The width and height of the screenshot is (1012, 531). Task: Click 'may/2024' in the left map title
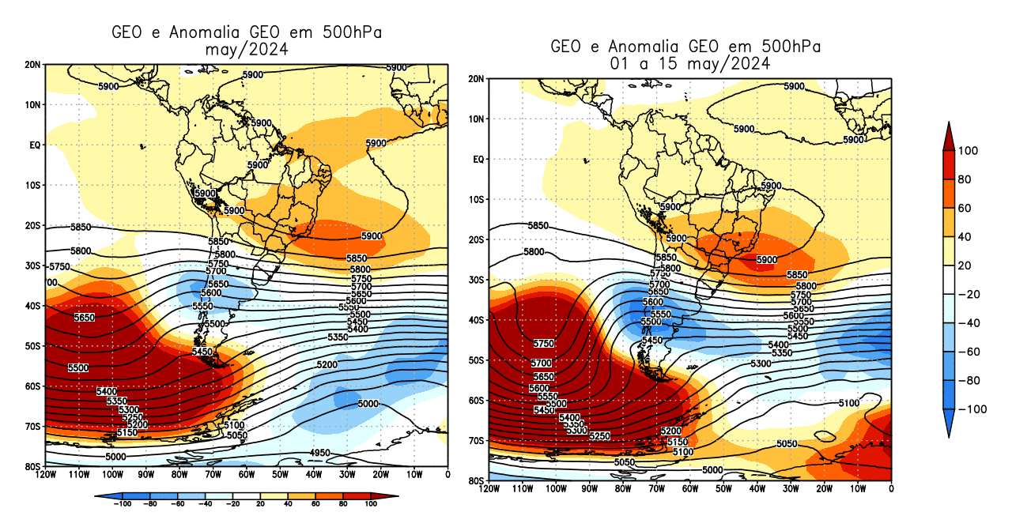click(246, 49)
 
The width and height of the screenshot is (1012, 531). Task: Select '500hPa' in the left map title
click(353, 32)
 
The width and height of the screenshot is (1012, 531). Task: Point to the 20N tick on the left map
click(32, 64)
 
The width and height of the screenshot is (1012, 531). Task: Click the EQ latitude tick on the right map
click(478, 160)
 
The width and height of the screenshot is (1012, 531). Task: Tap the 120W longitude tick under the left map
click(45, 474)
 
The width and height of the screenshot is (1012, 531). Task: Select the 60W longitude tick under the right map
click(690, 488)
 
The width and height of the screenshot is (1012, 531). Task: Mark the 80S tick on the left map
click(32, 467)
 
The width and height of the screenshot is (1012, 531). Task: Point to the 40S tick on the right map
click(476, 320)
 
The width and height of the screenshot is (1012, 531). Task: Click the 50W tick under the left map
click(280, 474)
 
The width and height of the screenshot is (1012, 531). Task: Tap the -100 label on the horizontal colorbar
click(123, 503)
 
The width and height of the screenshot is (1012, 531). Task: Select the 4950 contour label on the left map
click(320, 453)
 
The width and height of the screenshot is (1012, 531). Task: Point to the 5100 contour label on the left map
click(234, 426)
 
